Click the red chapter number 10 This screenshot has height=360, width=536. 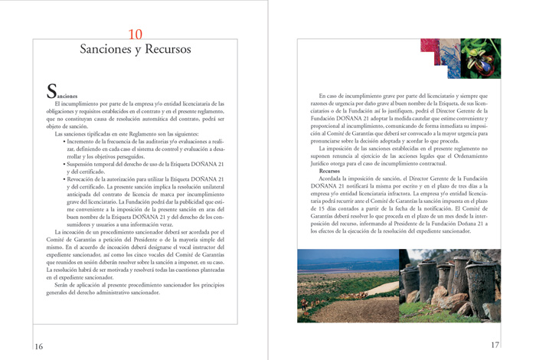tap(135, 34)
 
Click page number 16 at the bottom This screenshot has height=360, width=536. tap(38, 346)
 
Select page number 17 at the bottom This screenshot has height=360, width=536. tap(495, 345)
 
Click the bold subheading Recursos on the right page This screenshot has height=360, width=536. tap(330, 171)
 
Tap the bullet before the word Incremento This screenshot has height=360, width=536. tap(64, 142)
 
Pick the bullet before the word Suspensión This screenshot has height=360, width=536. tap(64, 164)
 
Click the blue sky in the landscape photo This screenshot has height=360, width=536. tap(345, 254)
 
